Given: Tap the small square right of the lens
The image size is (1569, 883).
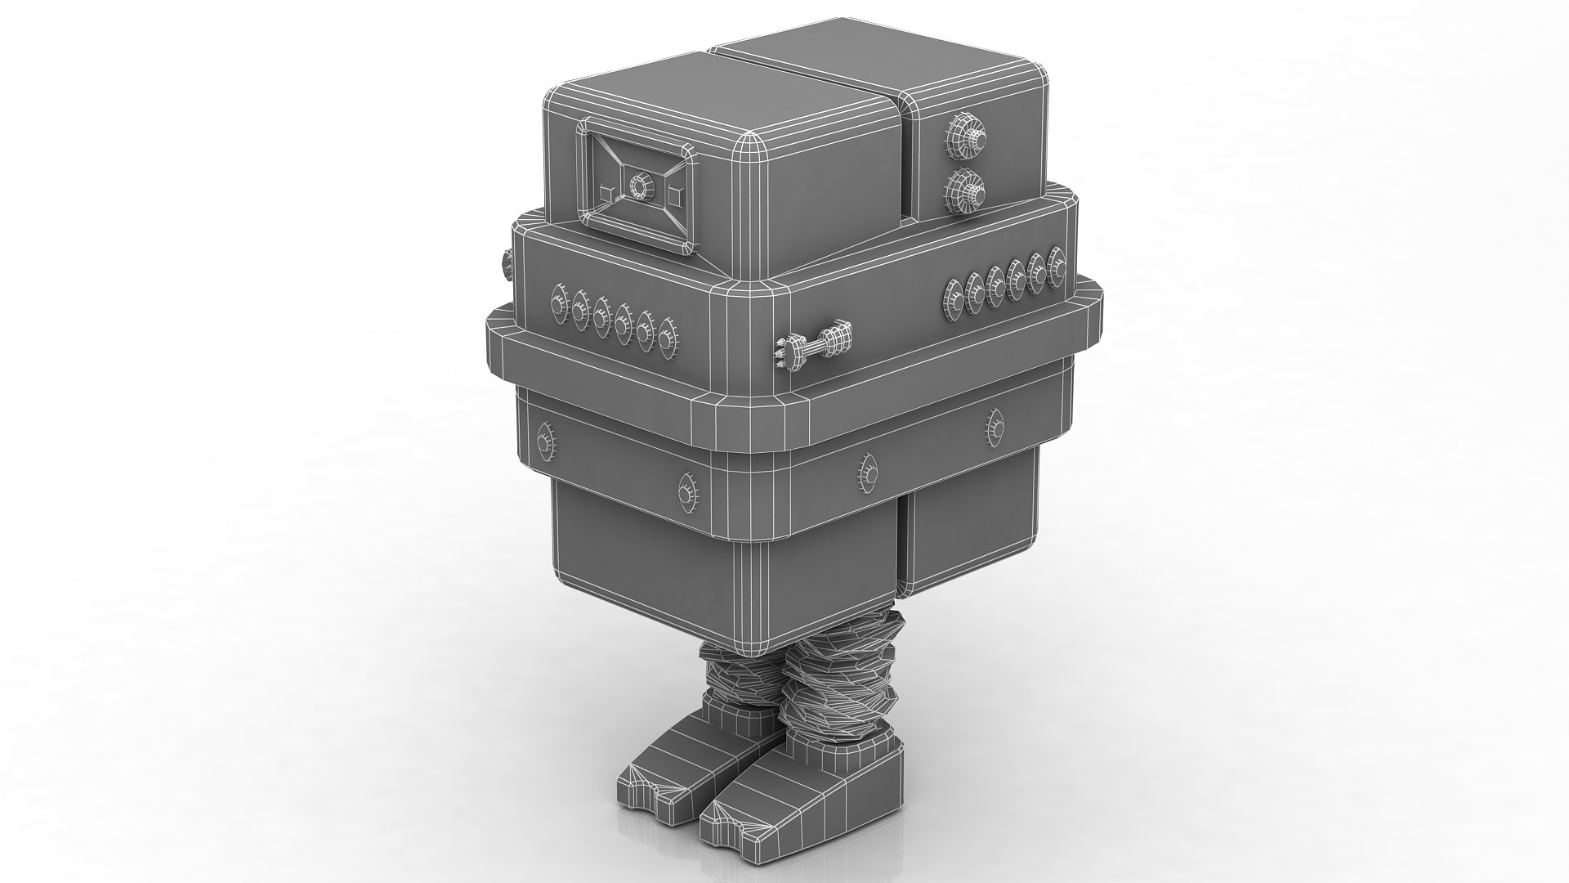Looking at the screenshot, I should (x=674, y=195).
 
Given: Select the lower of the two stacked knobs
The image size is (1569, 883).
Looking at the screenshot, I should (x=964, y=191).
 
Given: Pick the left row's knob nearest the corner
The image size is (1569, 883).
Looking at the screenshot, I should (x=668, y=338).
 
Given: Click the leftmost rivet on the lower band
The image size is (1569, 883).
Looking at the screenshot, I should (x=543, y=442).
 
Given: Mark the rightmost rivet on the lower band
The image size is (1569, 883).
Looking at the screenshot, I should (x=995, y=425).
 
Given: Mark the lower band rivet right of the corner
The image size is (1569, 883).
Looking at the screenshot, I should (x=867, y=472).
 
